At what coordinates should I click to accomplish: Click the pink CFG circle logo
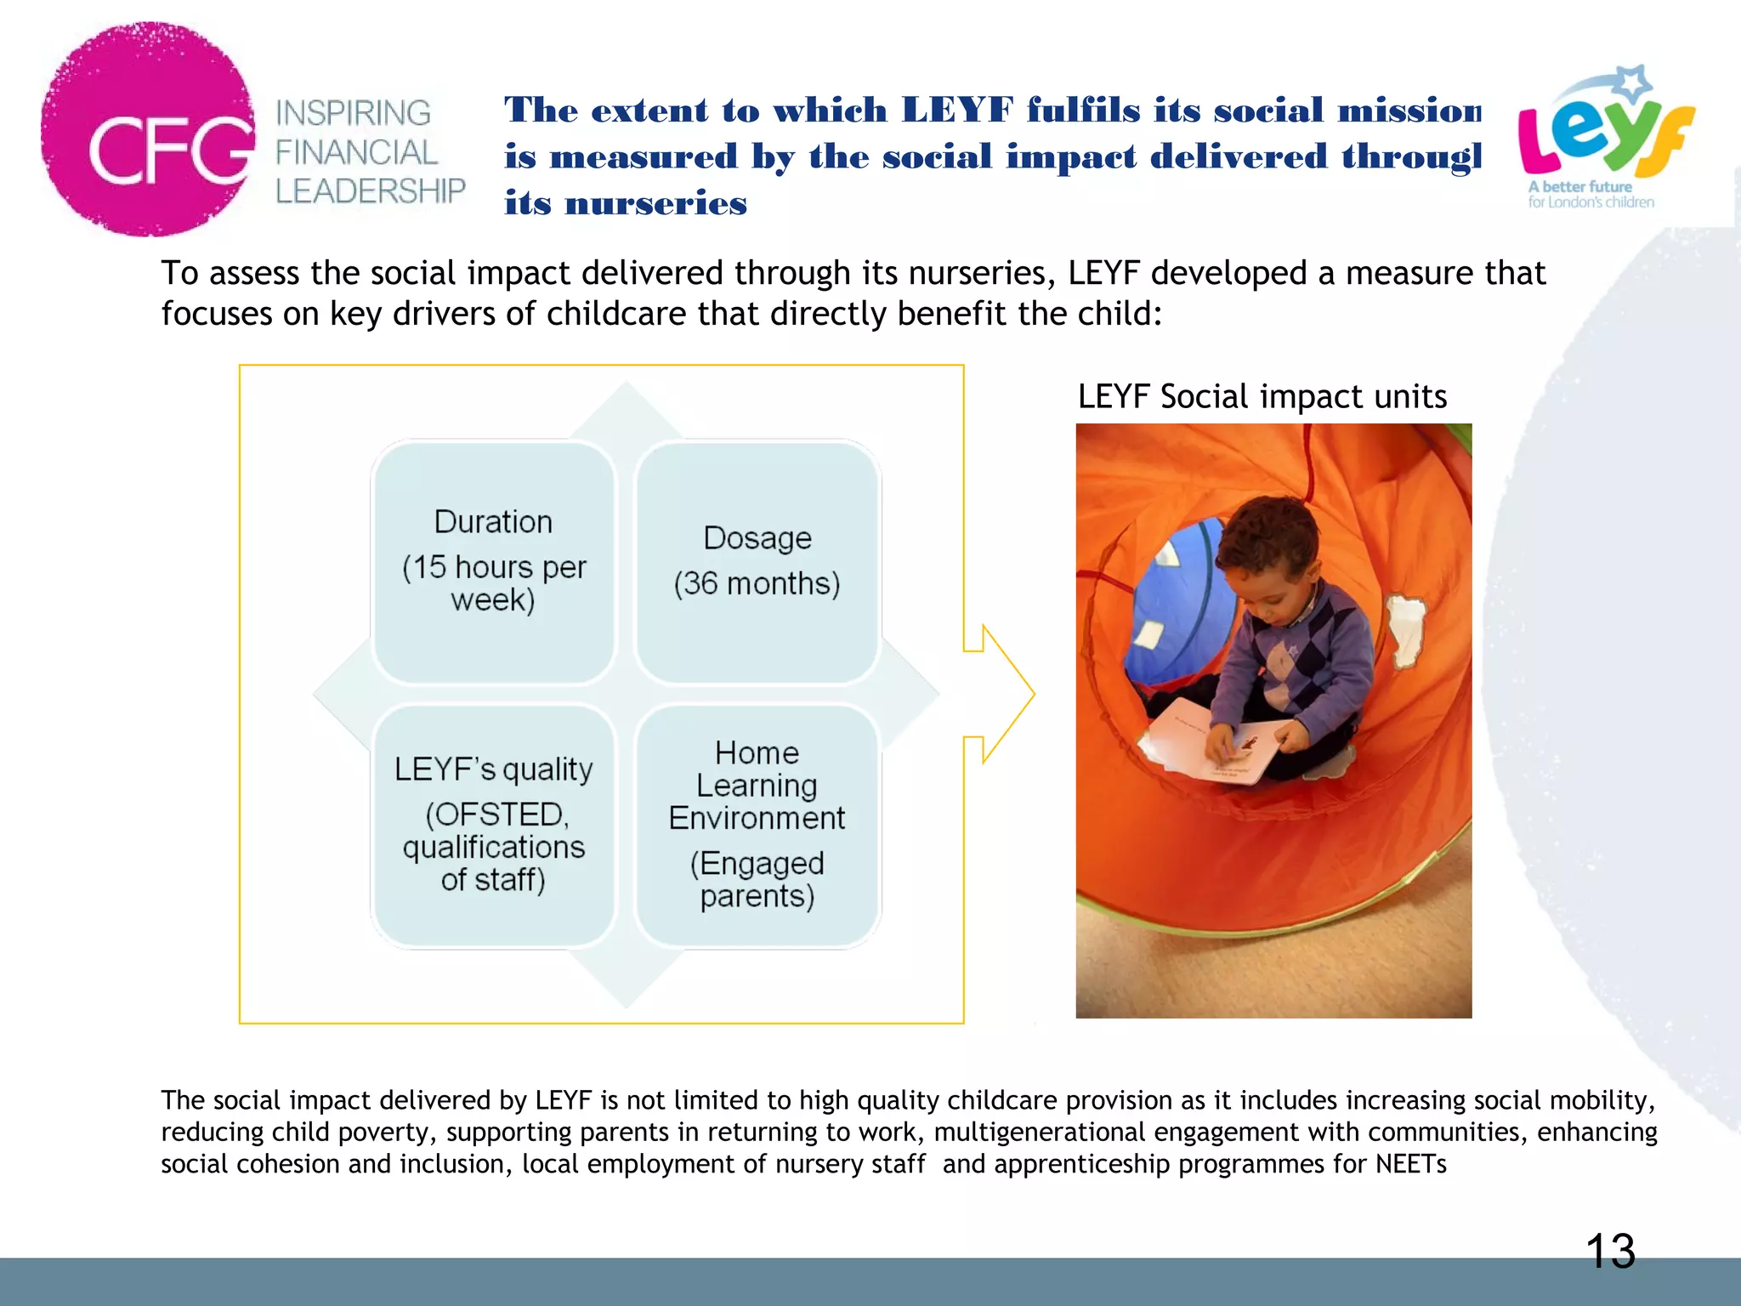146,129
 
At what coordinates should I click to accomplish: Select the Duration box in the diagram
493,561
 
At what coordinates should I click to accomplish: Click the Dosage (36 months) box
757,561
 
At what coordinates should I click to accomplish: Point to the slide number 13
1610,1252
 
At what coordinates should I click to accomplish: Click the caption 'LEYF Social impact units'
1262,397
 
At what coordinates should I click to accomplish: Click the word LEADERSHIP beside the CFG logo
371,191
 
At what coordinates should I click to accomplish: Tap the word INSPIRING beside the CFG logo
353,113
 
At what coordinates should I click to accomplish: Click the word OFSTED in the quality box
498,815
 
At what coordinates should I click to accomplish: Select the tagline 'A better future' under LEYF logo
1579,186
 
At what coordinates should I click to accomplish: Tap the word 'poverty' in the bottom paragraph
387,1133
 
